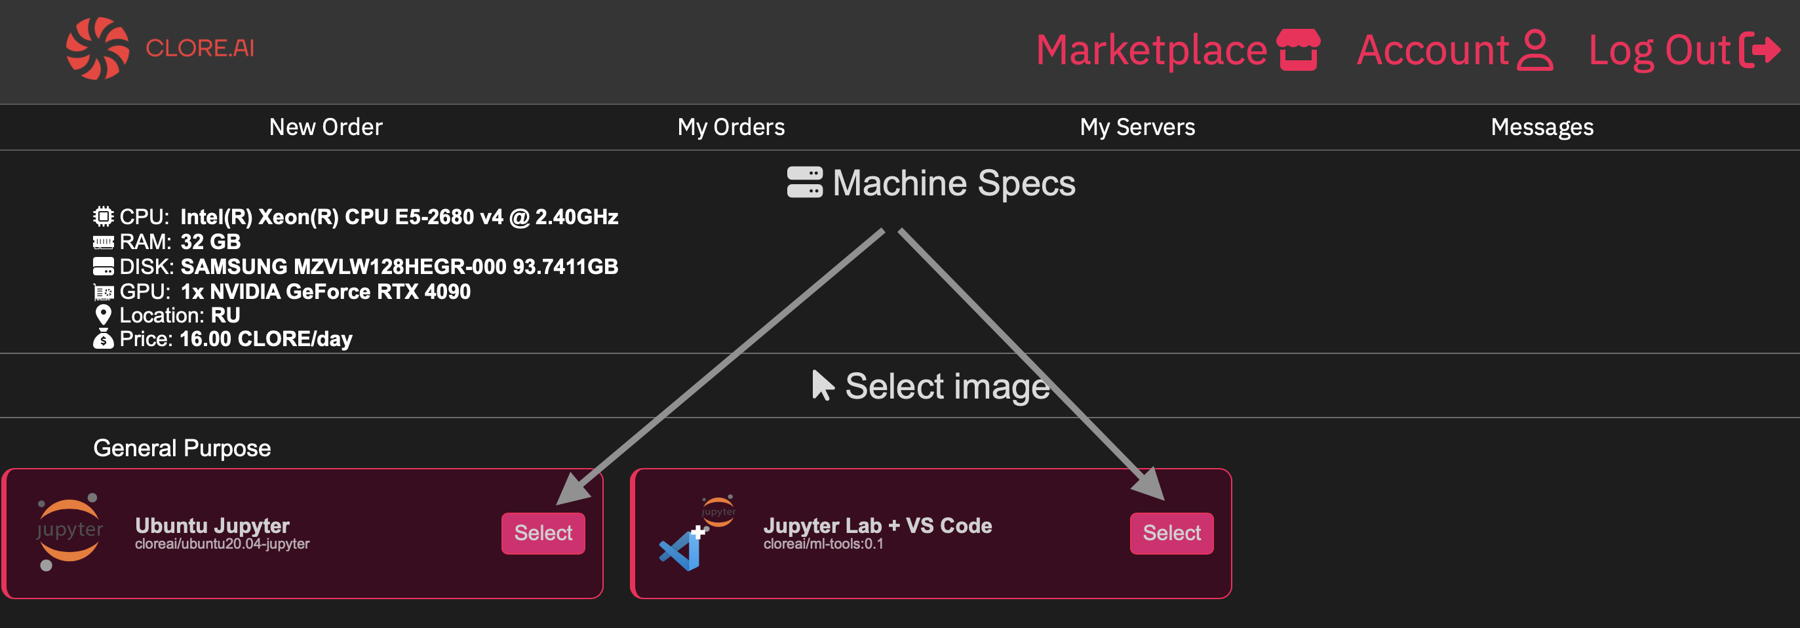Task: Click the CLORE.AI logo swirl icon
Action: (x=97, y=49)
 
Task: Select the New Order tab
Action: (x=326, y=127)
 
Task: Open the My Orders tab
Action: (x=731, y=127)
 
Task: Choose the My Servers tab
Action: (x=1137, y=127)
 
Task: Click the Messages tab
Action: (x=1542, y=127)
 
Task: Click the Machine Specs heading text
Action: (x=953, y=183)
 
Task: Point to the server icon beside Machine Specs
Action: (x=804, y=182)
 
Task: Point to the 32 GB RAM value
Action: (x=210, y=242)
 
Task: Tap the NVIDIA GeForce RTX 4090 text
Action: (x=326, y=291)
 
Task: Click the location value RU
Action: (x=225, y=316)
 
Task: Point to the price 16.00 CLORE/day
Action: (x=265, y=340)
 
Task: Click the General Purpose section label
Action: (x=182, y=448)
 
